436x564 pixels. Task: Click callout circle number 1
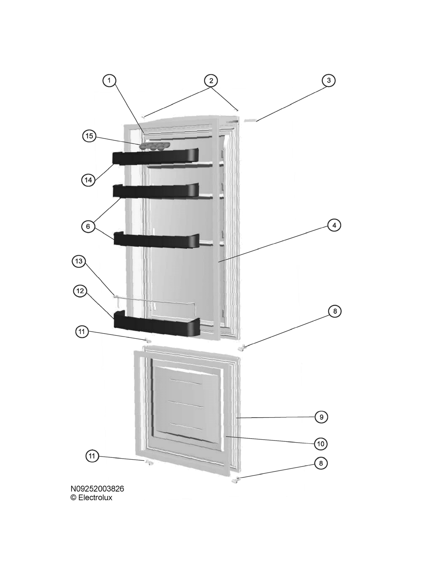(109, 80)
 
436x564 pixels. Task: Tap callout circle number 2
(211, 80)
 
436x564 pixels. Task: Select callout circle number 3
(329, 80)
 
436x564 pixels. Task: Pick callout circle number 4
(334, 225)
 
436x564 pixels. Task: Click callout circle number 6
(88, 226)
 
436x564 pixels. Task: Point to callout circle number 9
(321, 417)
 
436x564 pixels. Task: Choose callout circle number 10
(321, 444)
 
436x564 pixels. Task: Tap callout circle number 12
(80, 291)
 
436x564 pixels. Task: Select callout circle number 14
(88, 180)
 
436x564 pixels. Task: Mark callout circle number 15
(89, 136)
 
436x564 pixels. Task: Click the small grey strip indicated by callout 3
(250, 120)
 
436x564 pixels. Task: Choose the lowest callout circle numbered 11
(92, 456)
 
